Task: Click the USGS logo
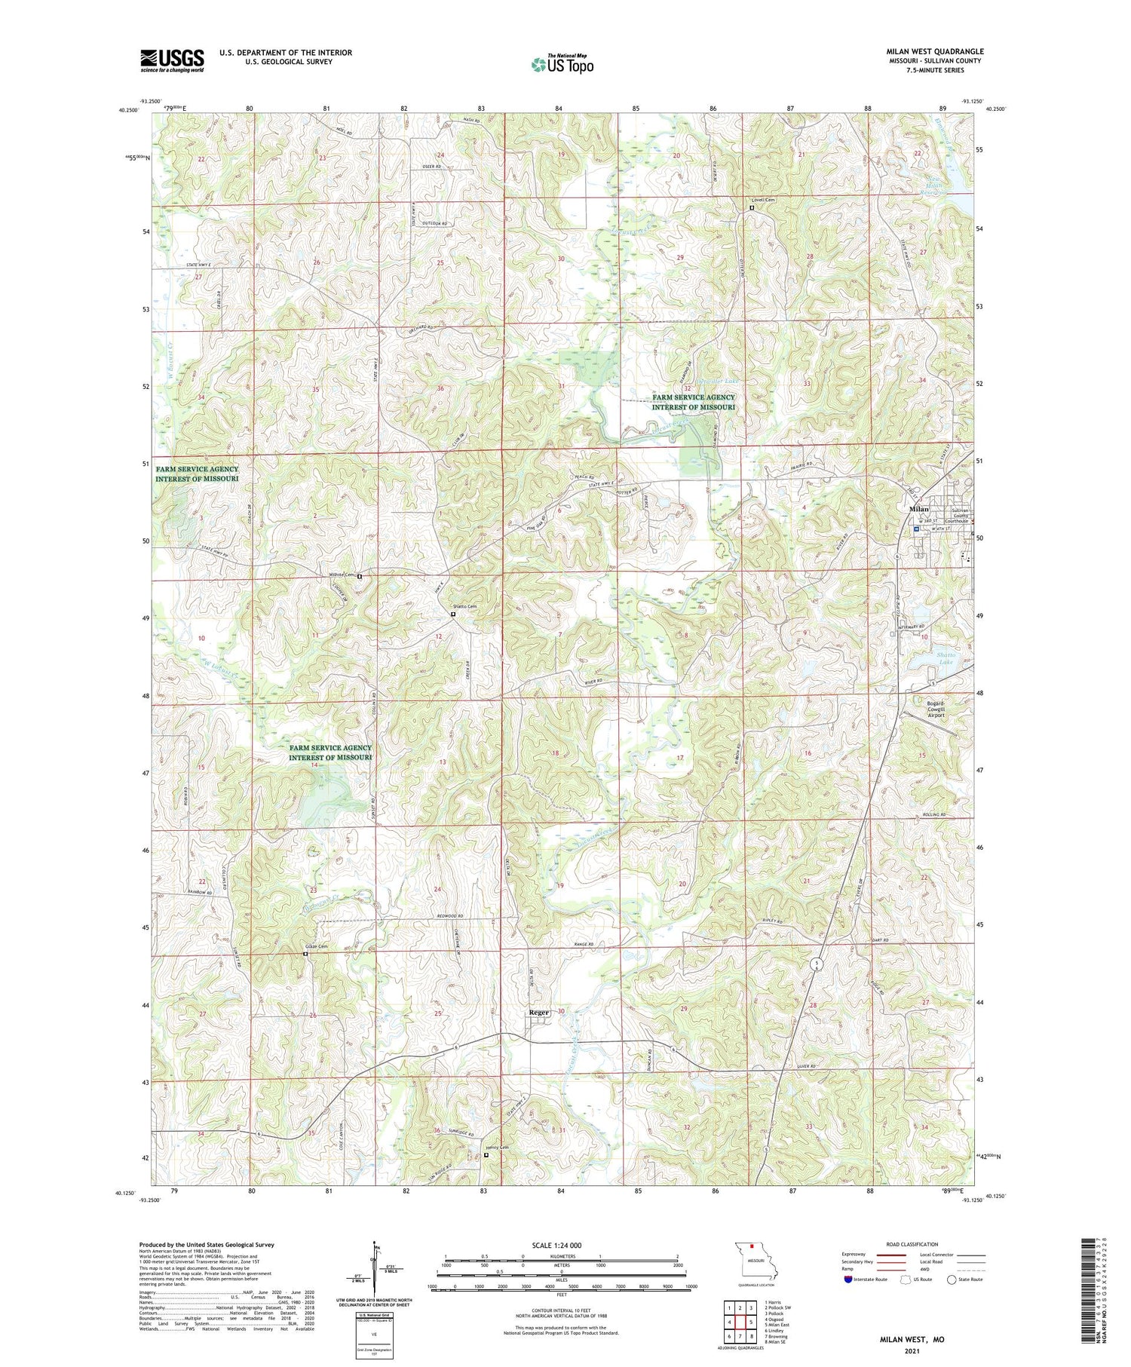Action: click(171, 60)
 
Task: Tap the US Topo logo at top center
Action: click(562, 65)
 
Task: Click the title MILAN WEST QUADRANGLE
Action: click(934, 51)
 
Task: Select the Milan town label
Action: click(918, 509)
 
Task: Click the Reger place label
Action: click(538, 1013)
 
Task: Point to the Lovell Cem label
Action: click(763, 200)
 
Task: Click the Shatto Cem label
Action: click(464, 607)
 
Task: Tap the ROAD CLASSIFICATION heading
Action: click(912, 1244)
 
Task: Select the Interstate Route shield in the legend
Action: click(849, 1280)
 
